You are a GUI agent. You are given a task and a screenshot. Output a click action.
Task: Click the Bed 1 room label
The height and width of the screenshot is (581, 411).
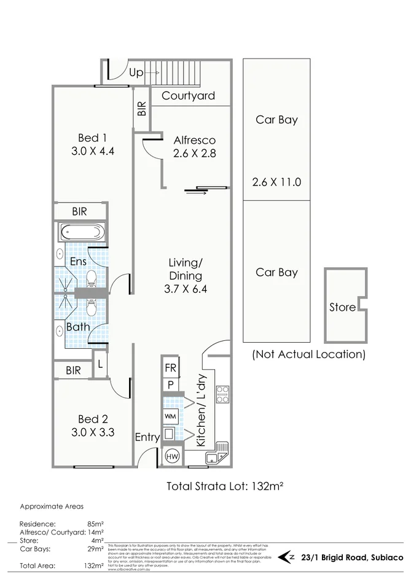[92, 144]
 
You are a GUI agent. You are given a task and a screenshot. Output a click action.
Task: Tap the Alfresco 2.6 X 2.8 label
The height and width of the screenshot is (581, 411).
[194, 146]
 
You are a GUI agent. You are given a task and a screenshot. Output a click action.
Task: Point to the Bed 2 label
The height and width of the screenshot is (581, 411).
[92, 426]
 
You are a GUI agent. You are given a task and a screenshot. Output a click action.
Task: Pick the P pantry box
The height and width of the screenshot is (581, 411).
[170, 385]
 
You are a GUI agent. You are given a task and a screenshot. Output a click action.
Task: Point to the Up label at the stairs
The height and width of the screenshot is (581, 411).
[136, 72]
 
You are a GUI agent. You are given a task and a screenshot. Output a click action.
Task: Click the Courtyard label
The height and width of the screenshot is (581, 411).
[188, 96]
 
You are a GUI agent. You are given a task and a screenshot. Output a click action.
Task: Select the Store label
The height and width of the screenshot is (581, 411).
[342, 307]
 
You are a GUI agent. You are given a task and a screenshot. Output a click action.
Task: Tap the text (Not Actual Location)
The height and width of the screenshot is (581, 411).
[308, 354]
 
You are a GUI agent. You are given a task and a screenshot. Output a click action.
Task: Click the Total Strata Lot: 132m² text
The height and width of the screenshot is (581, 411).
[225, 486]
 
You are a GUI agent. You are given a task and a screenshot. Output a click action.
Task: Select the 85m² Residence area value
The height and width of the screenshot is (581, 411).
[94, 523]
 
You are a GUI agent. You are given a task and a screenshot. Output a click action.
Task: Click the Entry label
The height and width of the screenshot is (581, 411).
[147, 438]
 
